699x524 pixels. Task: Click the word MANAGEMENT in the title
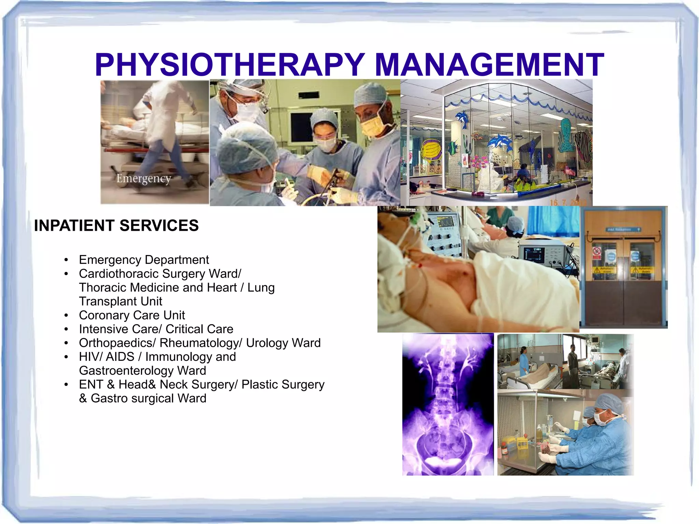coord(489,65)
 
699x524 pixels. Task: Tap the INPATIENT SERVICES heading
coord(116,226)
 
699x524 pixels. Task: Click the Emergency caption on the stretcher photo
coord(144,179)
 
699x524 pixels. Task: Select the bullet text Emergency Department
coord(144,260)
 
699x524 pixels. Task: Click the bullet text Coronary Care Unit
coord(132,315)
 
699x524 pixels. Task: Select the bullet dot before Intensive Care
coord(66,329)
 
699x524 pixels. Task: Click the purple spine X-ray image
coord(448,405)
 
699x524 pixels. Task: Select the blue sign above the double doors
coord(623,230)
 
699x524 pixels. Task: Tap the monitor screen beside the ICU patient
coord(534,255)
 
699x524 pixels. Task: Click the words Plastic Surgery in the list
coord(283,385)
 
